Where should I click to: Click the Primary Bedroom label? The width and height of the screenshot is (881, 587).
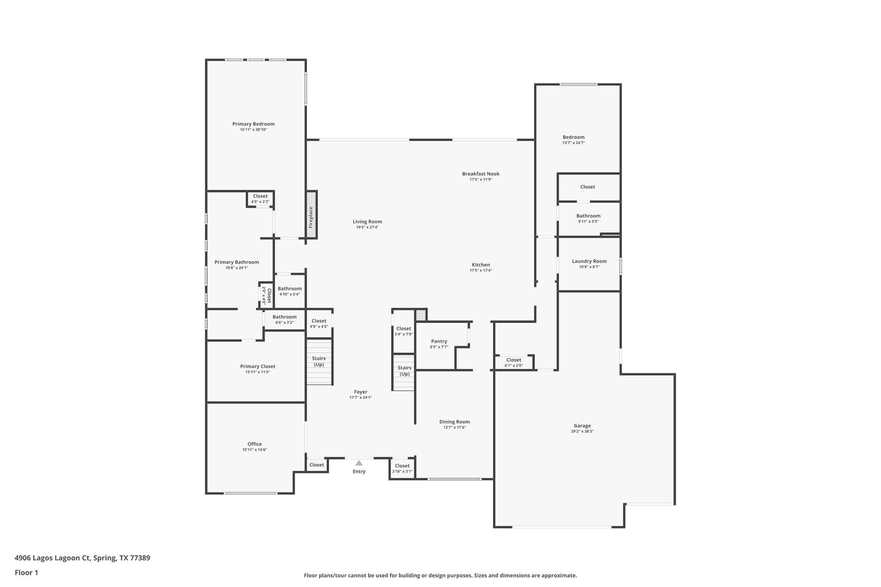click(x=253, y=124)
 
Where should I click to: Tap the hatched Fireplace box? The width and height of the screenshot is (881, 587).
click(x=311, y=215)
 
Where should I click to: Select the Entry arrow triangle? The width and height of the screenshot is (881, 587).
click(x=359, y=463)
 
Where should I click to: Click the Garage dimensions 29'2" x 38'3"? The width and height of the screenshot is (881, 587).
click(x=582, y=431)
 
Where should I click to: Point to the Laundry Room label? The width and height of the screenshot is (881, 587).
click(x=589, y=261)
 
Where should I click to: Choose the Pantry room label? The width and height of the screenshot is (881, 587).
click(x=439, y=341)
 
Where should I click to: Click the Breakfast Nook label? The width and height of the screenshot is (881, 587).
click(x=481, y=174)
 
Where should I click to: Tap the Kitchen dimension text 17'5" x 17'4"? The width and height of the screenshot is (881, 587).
click(x=481, y=270)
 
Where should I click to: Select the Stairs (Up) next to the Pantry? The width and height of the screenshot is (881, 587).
click(x=404, y=371)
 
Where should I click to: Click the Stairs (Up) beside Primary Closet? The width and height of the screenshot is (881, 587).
click(x=319, y=361)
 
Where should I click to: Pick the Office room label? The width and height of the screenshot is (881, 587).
click(x=254, y=444)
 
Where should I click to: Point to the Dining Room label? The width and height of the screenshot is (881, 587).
click(x=454, y=422)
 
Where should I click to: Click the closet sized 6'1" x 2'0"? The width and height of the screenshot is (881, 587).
click(x=514, y=363)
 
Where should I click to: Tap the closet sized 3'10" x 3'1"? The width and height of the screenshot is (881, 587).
click(x=402, y=468)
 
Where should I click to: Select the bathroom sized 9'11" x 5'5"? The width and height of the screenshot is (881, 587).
click(x=588, y=218)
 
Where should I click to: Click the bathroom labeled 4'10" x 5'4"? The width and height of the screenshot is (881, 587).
click(x=290, y=291)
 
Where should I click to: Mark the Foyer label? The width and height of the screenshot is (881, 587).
click(x=360, y=392)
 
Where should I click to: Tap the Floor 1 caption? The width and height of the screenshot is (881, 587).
click(x=26, y=572)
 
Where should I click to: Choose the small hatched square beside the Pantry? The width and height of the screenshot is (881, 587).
click(x=421, y=315)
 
